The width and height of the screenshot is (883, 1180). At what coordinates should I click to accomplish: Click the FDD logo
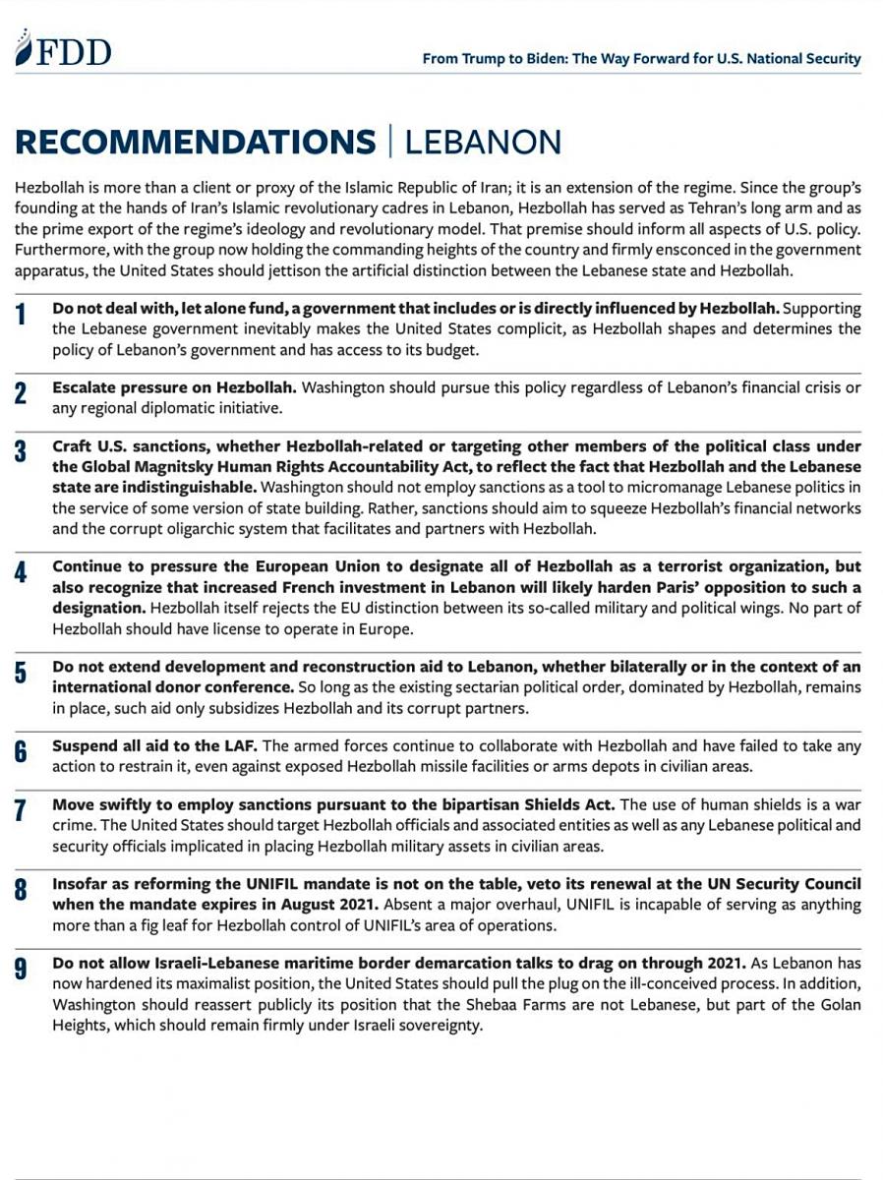point(63,50)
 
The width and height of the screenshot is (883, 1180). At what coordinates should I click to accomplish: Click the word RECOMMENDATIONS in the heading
point(196,142)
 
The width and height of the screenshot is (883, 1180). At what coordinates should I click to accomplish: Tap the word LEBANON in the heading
point(483,142)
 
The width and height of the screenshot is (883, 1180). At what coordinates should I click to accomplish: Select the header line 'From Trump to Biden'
point(641,59)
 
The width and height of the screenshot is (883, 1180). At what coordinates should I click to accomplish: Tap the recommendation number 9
point(21,970)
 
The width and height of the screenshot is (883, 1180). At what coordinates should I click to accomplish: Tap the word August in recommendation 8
point(253,904)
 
